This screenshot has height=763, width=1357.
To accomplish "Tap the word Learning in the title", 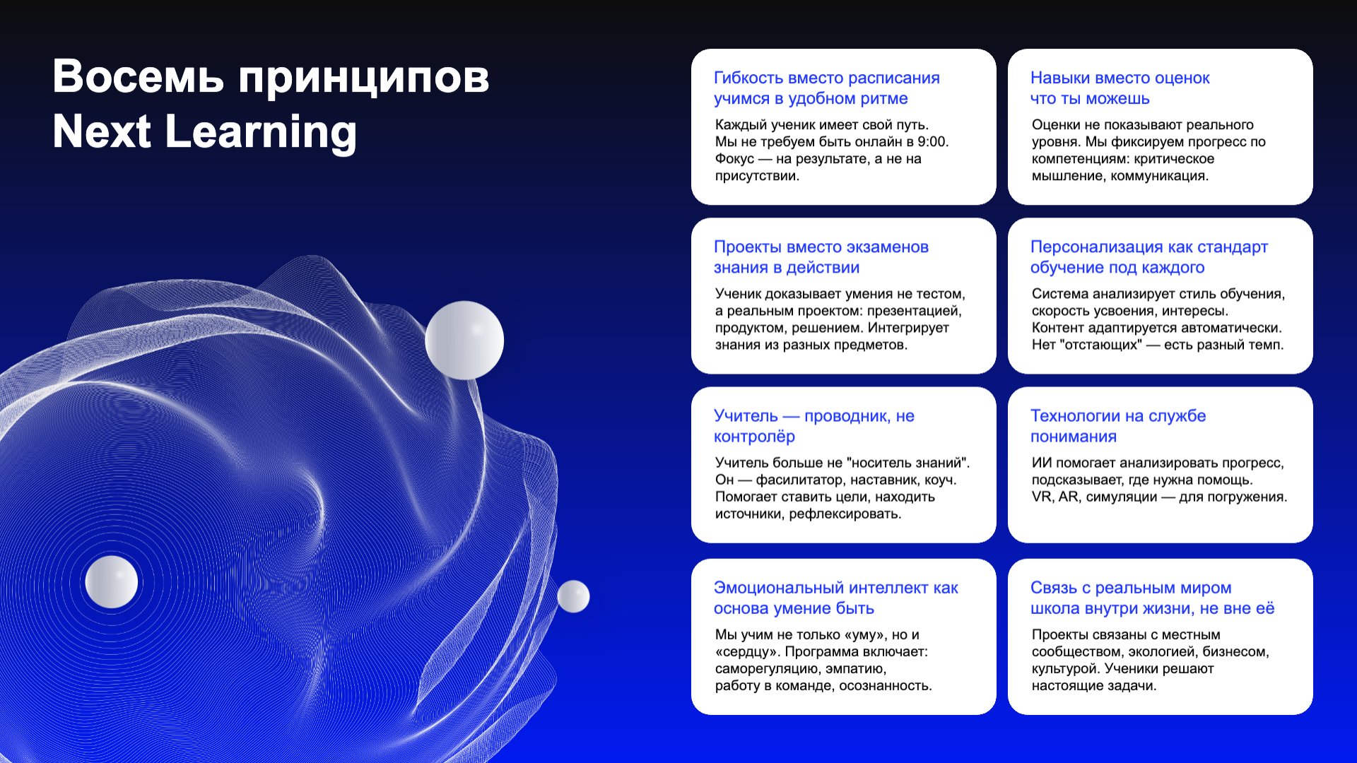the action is (262, 132).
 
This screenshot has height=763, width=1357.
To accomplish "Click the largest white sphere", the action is (464, 340).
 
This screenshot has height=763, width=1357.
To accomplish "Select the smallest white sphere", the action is (573, 596).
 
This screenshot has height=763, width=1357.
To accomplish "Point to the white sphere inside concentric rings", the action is (111, 581).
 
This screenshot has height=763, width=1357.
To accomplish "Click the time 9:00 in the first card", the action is (932, 141).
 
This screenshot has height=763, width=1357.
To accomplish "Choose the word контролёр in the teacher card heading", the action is (754, 437).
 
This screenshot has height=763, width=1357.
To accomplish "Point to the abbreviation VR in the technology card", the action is (1042, 497).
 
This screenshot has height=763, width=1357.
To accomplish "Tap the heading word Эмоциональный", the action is (779, 588).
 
